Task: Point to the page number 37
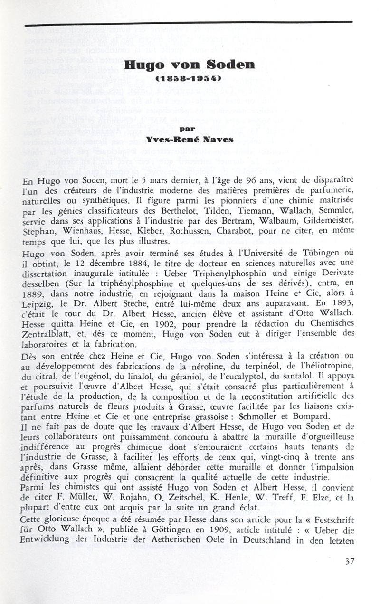coord(350,561)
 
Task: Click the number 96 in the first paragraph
coord(248,181)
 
